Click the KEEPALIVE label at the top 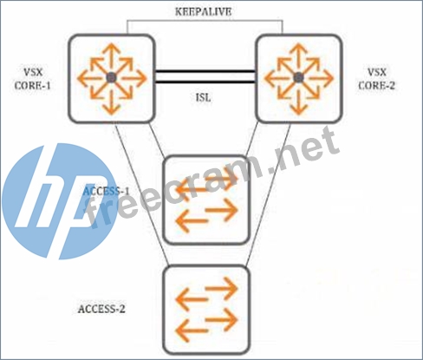(204, 12)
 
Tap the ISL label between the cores (204, 97)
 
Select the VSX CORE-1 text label (33, 79)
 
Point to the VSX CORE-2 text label (376, 79)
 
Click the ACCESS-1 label (106, 191)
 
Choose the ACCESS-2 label (101, 309)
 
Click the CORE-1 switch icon (112, 78)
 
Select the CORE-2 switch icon (299, 78)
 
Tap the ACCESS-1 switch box (206, 200)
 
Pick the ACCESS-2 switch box (206, 310)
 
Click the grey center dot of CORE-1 (111, 77)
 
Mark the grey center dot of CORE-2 (298, 77)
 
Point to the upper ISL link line (205, 71)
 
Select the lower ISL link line (205, 82)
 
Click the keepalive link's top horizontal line (205, 21)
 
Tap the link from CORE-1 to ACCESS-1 (157, 140)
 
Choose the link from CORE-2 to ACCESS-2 (268, 194)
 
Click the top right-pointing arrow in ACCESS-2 (221, 288)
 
